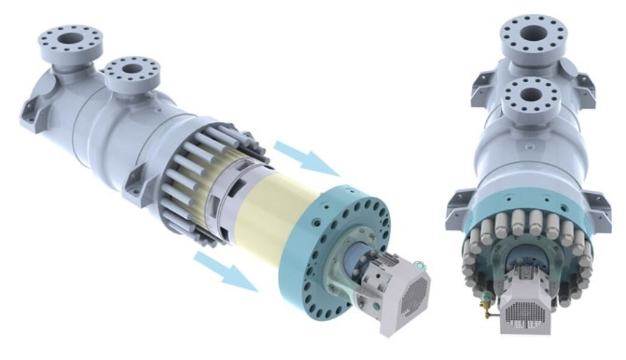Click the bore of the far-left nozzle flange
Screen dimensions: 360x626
[71, 38]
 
